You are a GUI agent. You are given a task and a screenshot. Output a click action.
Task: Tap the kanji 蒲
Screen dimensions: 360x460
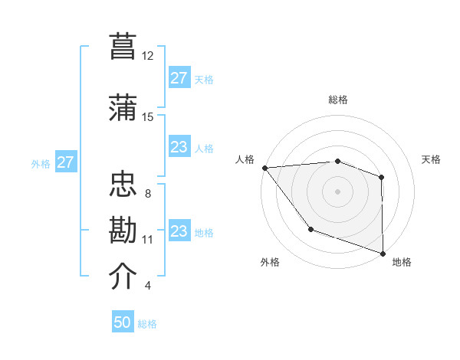(123, 106)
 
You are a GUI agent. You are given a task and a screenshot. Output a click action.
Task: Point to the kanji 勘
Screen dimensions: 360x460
(123, 229)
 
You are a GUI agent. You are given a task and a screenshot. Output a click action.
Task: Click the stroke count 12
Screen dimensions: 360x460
(148, 56)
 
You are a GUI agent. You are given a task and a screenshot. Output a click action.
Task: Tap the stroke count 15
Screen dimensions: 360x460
(148, 117)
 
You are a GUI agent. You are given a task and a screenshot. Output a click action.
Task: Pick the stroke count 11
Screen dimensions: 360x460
(148, 240)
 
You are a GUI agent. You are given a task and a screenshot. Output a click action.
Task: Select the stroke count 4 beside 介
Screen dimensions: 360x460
(148, 286)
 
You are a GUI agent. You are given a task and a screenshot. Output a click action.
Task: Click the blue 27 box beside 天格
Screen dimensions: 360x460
(179, 78)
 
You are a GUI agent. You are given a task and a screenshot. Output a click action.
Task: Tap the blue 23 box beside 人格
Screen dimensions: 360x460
(179, 147)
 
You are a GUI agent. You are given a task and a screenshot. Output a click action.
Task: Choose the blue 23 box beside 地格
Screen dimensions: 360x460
(179, 231)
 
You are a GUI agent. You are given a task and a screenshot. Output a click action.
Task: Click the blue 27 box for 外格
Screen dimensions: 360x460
(66, 162)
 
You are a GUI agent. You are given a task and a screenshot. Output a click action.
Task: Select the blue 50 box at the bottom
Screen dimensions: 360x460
(123, 322)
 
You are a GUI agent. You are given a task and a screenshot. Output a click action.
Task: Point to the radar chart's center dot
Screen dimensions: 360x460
(337, 191)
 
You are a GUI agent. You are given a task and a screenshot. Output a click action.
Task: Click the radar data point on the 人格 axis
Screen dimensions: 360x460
(264, 167)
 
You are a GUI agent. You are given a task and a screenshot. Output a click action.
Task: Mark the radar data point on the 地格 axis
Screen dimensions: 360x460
(383, 252)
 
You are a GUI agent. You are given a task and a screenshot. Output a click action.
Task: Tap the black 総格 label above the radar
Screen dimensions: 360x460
(337, 100)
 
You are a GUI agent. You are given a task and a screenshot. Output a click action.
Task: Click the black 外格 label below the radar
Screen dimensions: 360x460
(270, 262)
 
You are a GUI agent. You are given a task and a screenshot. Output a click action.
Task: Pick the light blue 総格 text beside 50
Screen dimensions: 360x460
(147, 324)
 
